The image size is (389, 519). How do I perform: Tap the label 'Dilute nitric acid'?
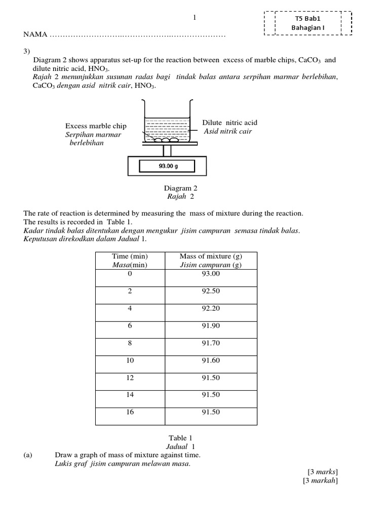pos(229,123)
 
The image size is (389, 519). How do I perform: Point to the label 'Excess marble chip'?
pos(96,126)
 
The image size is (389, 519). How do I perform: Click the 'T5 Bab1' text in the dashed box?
pos(308,18)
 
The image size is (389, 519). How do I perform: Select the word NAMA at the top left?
pos(35,35)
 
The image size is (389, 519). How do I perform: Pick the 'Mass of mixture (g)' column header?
pos(211,257)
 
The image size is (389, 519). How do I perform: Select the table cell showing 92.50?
pos(211,291)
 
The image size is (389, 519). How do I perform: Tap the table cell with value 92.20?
pos(211,309)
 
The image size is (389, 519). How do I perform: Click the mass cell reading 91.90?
pos(211,326)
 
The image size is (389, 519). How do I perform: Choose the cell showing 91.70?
pos(211,343)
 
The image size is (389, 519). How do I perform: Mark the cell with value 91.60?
pos(211,360)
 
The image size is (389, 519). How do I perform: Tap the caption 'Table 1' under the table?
pos(180,438)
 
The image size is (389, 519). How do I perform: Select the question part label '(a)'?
pos(28,455)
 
